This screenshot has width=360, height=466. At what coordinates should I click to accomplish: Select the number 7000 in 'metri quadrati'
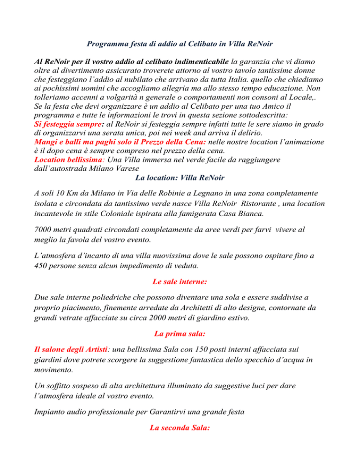45,231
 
